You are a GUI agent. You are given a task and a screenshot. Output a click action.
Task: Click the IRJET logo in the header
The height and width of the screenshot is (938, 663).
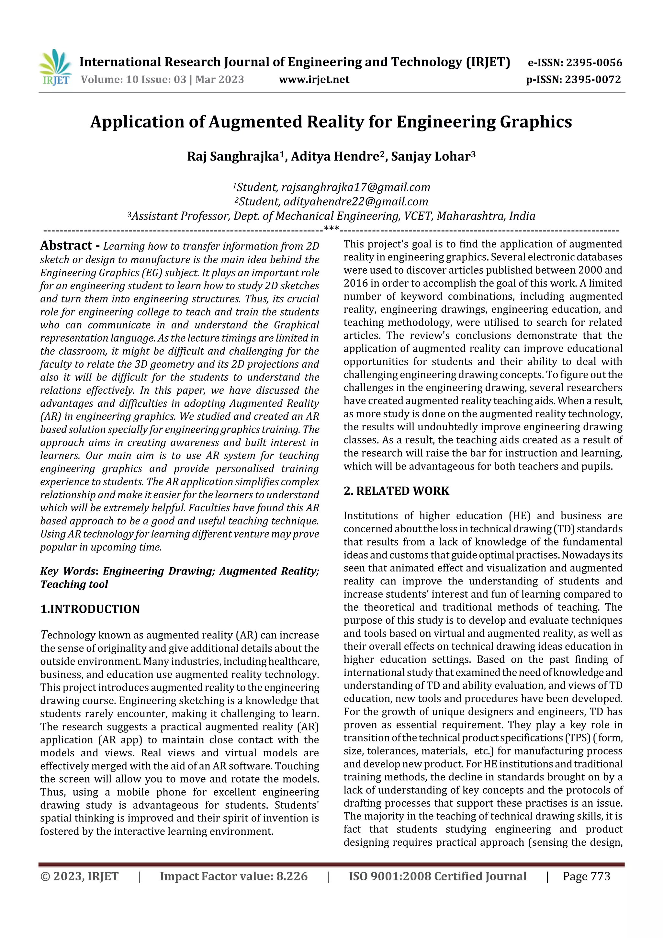[55, 67]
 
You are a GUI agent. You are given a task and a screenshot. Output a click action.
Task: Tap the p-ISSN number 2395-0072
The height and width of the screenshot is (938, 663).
[593, 80]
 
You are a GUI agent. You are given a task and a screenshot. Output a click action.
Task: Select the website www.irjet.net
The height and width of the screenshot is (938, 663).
[314, 80]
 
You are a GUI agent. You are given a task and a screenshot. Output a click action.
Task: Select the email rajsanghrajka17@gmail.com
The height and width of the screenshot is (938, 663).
[356, 187]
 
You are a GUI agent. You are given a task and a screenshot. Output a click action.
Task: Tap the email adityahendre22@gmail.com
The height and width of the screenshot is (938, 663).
[356, 202]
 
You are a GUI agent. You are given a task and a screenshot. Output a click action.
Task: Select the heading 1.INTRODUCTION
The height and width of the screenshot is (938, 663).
[90, 609]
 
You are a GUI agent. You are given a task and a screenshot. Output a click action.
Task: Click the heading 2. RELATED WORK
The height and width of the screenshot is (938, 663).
[396, 491]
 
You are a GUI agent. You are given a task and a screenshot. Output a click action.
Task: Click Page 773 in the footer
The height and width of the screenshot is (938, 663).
[586, 876]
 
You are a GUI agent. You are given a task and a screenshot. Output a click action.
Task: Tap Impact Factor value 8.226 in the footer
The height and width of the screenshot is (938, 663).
[234, 876]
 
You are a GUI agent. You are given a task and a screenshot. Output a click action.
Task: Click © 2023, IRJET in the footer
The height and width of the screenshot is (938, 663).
[79, 876]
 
